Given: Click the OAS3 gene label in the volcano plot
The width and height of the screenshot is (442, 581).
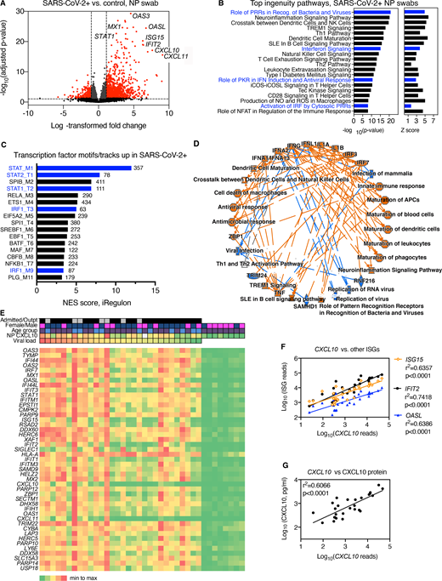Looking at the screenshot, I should (x=142, y=17).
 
